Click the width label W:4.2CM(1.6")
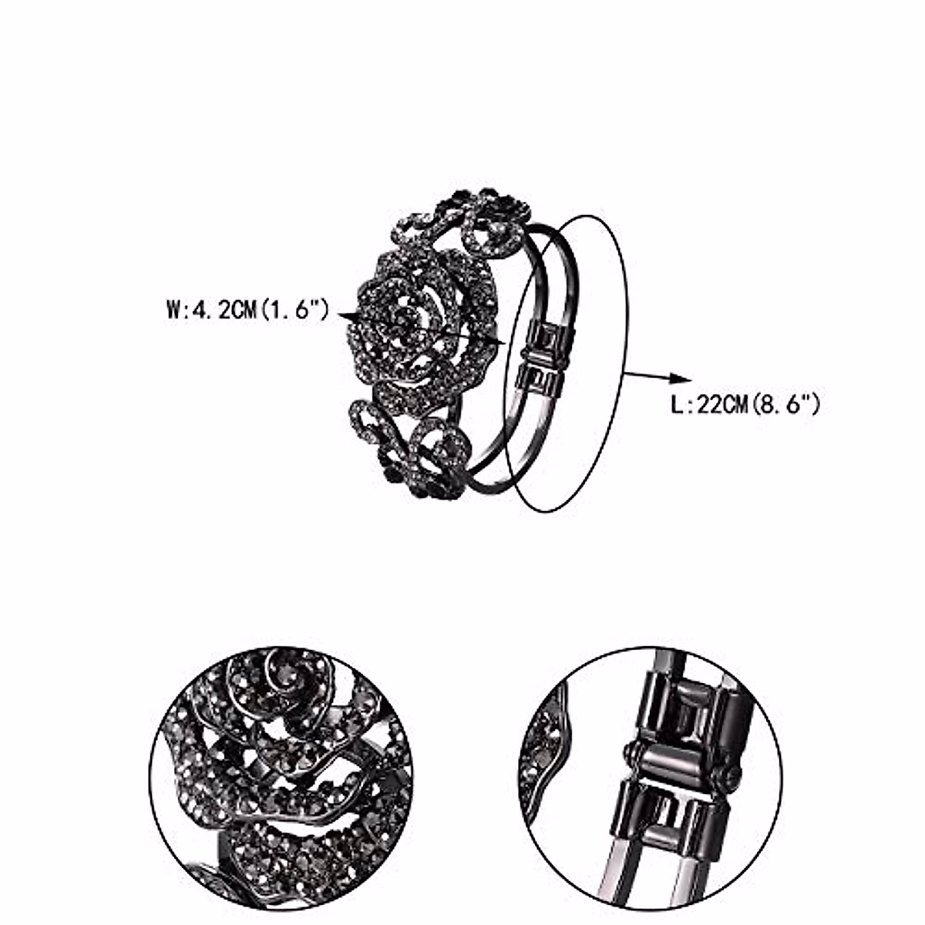coord(248,312)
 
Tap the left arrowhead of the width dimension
coord(346,316)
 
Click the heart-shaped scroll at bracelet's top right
coord(494,228)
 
